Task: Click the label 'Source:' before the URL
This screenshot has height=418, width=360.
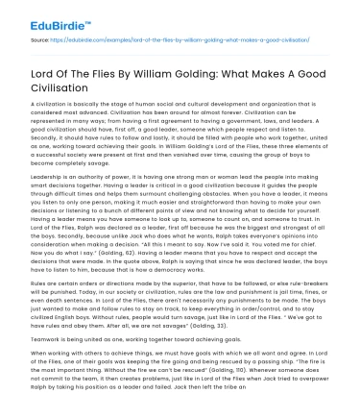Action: tap(41, 41)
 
